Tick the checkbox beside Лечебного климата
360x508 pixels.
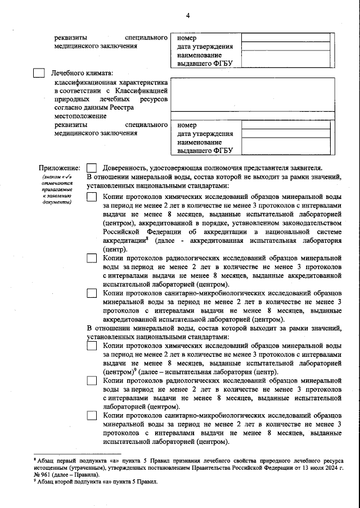[x=38, y=72]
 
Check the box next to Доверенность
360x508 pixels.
[x=92, y=167]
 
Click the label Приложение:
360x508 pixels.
[x=59, y=167]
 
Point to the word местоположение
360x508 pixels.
[x=80, y=116]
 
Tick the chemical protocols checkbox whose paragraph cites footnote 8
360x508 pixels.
[x=92, y=197]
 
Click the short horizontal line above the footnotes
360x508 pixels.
[x=77, y=452]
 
